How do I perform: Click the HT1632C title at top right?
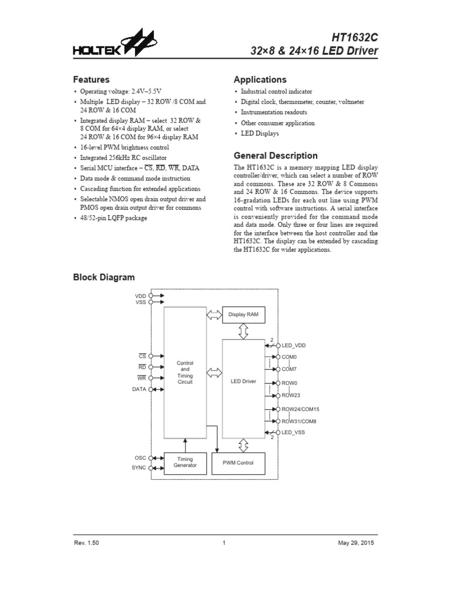click(354, 37)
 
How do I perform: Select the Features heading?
click(91, 79)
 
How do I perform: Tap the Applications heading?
click(260, 79)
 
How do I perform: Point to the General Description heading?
click(275, 156)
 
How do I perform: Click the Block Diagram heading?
click(103, 277)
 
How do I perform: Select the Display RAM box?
click(243, 315)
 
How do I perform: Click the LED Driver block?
click(243, 382)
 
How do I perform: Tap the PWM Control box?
click(238, 463)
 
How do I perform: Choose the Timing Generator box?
click(185, 463)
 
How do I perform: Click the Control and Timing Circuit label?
click(185, 373)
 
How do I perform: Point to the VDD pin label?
click(141, 295)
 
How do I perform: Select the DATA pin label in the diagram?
click(139, 389)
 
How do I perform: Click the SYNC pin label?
click(140, 468)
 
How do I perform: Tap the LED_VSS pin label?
click(294, 432)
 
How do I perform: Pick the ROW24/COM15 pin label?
click(301, 409)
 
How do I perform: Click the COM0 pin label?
click(290, 357)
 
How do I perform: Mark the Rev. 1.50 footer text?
click(86, 543)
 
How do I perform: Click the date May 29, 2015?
click(356, 543)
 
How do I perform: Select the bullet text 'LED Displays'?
click(260, 133)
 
